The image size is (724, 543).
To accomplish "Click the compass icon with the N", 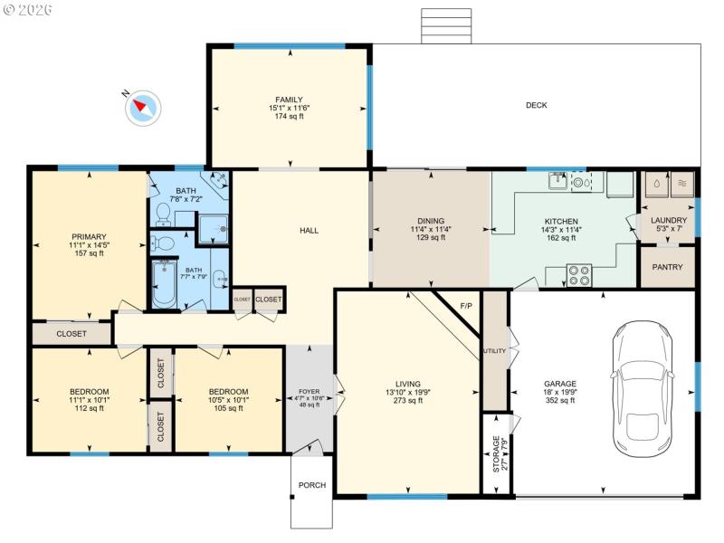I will click(x=142, y=106).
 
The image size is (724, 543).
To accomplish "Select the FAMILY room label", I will click(x=289, y=100).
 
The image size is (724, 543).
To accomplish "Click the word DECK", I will click(x=537, y=105).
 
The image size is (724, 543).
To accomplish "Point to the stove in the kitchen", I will click(x=579, y=274).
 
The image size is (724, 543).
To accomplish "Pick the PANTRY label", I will click(x=668, y=267).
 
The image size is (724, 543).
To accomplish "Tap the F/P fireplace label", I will click(x=467, y=306).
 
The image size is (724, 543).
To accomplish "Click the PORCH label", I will click(x=312, y=485).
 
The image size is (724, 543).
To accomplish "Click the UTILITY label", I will click(x=494, y=350).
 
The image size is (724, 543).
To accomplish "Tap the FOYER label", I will click(x=310, y=390).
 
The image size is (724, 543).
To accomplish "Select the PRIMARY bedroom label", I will click(x=87, y=237).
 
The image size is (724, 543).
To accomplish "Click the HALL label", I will click(x=310, y=231).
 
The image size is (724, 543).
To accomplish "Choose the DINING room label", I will click(x=431, y=221).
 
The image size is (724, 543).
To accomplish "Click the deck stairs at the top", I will click(x=446, y=26).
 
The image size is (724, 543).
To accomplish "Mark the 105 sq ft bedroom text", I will click(x=227, y=408).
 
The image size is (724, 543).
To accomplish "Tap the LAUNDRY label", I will click(x=669, y=220).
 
